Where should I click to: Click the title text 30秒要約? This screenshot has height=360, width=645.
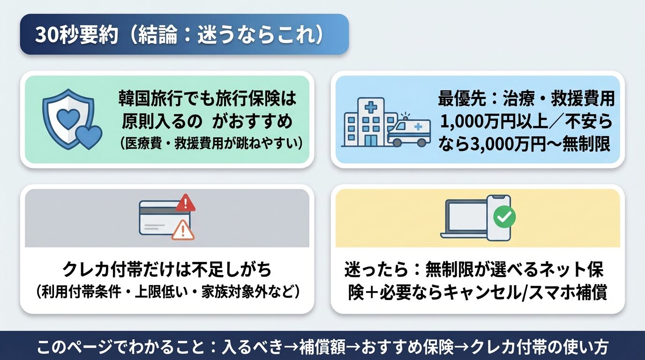tap(76, 35)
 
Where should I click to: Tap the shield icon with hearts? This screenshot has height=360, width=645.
tap(68, 119)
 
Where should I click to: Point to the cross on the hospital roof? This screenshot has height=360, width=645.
tap(371, 108)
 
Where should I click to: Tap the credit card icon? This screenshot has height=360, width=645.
tap(165, 217)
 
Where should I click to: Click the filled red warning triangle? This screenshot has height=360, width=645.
tap(186, 202)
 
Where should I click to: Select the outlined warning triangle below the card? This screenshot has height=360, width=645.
tap(183, 231)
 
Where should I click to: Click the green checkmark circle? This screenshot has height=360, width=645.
tap(504, 217)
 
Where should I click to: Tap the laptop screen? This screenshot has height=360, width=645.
tap(466, 216)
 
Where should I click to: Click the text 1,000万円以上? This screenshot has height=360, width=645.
tap(494, 121)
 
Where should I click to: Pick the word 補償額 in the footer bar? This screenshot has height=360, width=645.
tap(322, 347)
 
